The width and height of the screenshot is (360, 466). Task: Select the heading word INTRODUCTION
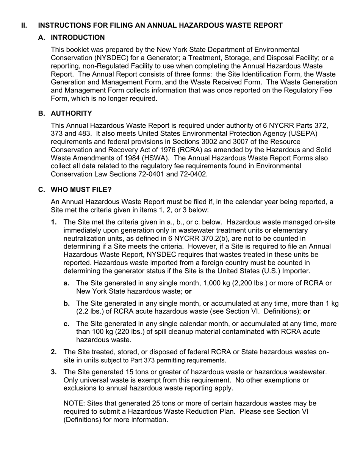78,38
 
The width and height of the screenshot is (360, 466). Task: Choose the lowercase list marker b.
67,303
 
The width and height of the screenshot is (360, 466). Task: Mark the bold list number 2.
54,352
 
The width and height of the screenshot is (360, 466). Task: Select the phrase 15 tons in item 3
138,372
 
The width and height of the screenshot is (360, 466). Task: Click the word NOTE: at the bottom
74,403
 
